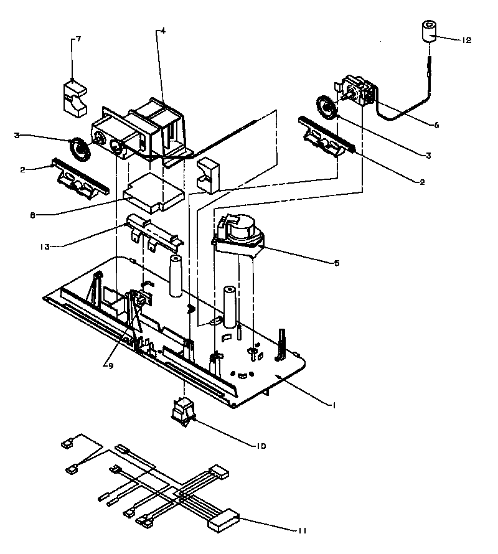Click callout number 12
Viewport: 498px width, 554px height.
(x=466, y=40)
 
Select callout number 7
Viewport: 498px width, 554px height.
(x=78, y=39)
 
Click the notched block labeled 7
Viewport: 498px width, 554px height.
(x=75, y=98)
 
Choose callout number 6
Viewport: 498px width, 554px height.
(x=436, y=125)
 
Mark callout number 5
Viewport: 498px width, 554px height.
(x=337, y=263)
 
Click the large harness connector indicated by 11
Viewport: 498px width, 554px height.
(x=223, y=520)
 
